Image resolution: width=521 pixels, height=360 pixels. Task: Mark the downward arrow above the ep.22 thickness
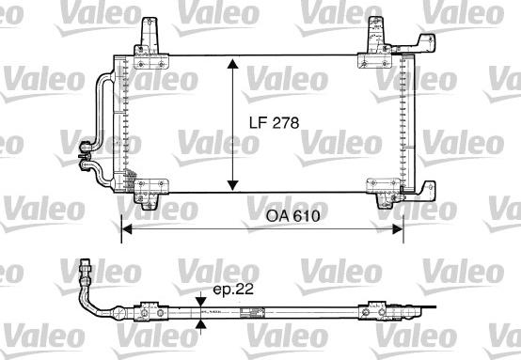pyautogui.click(x=200, y=301)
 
